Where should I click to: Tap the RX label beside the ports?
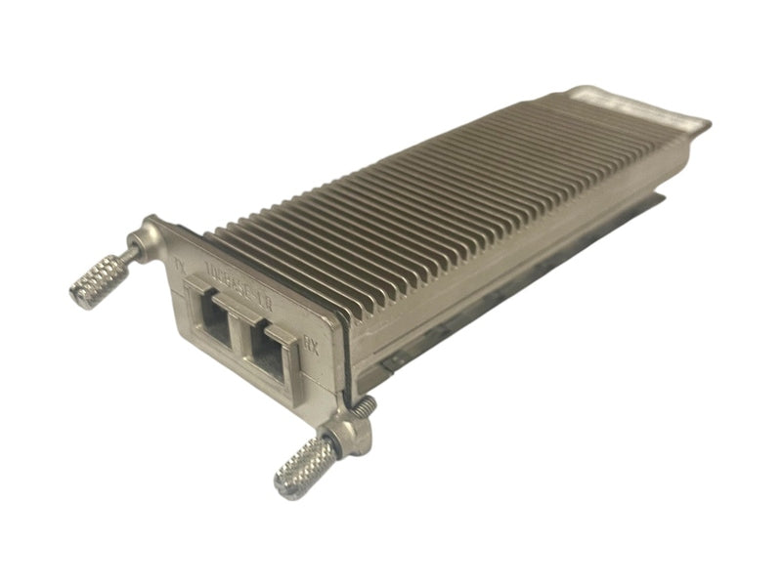pyautogui.click(x=310, y=344)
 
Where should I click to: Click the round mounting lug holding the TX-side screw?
pyautogui.click(x=152, y=235)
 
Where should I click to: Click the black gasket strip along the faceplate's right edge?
pyautogui.click(x=338, y=352)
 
